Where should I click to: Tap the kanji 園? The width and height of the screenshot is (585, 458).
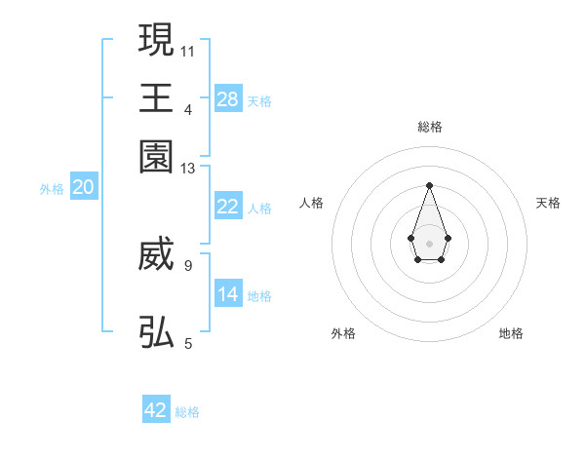[156, 156]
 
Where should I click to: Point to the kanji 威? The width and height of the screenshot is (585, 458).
[156, 256]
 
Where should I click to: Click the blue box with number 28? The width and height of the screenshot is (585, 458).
[228, 98]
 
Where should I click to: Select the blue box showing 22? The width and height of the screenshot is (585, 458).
[228, 207]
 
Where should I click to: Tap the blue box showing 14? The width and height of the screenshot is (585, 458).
[228, 294]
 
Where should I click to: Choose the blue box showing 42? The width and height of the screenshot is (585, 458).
[156, 410]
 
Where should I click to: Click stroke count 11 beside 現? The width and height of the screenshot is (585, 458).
[188, 49]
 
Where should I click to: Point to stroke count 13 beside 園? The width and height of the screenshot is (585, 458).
[188, 169]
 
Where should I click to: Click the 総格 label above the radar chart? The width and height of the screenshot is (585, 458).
[429, 127]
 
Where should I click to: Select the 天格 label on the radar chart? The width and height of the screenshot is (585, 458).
[548, 203]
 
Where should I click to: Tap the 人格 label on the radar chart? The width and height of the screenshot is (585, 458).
[312, 203]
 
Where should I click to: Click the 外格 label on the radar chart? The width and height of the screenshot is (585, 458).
[343, 333]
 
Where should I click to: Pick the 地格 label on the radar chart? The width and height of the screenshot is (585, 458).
[511, 333]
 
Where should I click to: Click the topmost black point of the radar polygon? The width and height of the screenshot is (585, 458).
[429, 184]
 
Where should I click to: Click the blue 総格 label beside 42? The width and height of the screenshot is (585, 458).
[187, 412]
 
